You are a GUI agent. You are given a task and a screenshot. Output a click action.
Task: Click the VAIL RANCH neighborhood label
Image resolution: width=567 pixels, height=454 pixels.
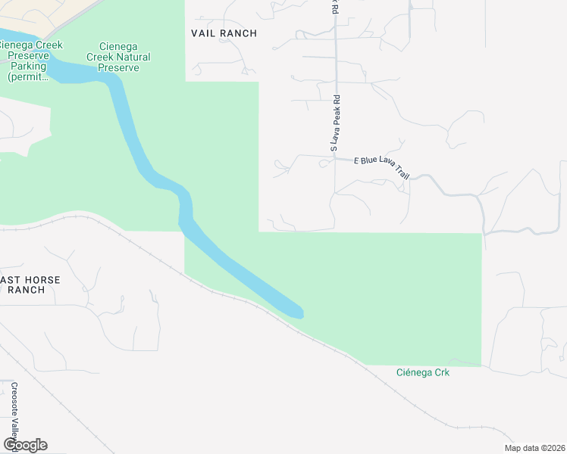pos(224,33)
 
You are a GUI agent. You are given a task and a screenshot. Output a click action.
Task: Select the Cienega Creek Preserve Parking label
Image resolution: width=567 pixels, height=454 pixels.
pos(27,61)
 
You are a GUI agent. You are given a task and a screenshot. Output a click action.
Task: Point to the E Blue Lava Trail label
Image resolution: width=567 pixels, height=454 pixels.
pos(381,167)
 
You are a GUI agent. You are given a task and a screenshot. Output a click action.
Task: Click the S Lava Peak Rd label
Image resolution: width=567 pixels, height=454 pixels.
pos(334,123)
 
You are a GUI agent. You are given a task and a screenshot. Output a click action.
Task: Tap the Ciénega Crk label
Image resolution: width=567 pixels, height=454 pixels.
pos(423,372)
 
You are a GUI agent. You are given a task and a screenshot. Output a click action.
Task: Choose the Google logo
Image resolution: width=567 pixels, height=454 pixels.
pos(25,445)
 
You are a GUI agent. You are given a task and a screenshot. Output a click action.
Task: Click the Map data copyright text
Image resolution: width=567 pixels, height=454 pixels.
pos(534,448)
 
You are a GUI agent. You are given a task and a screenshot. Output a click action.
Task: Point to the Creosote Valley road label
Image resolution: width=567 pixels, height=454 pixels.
pos(14,412)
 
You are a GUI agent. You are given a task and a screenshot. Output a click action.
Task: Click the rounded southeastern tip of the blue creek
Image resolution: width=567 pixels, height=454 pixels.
pos(299,313)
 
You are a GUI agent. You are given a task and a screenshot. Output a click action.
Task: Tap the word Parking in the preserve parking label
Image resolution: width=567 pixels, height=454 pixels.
pos(27,66)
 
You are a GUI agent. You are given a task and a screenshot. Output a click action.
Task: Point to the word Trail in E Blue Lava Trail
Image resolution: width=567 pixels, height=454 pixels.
pos(402,173)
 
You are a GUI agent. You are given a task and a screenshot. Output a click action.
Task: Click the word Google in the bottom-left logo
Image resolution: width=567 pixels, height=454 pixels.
pos(25,445)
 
